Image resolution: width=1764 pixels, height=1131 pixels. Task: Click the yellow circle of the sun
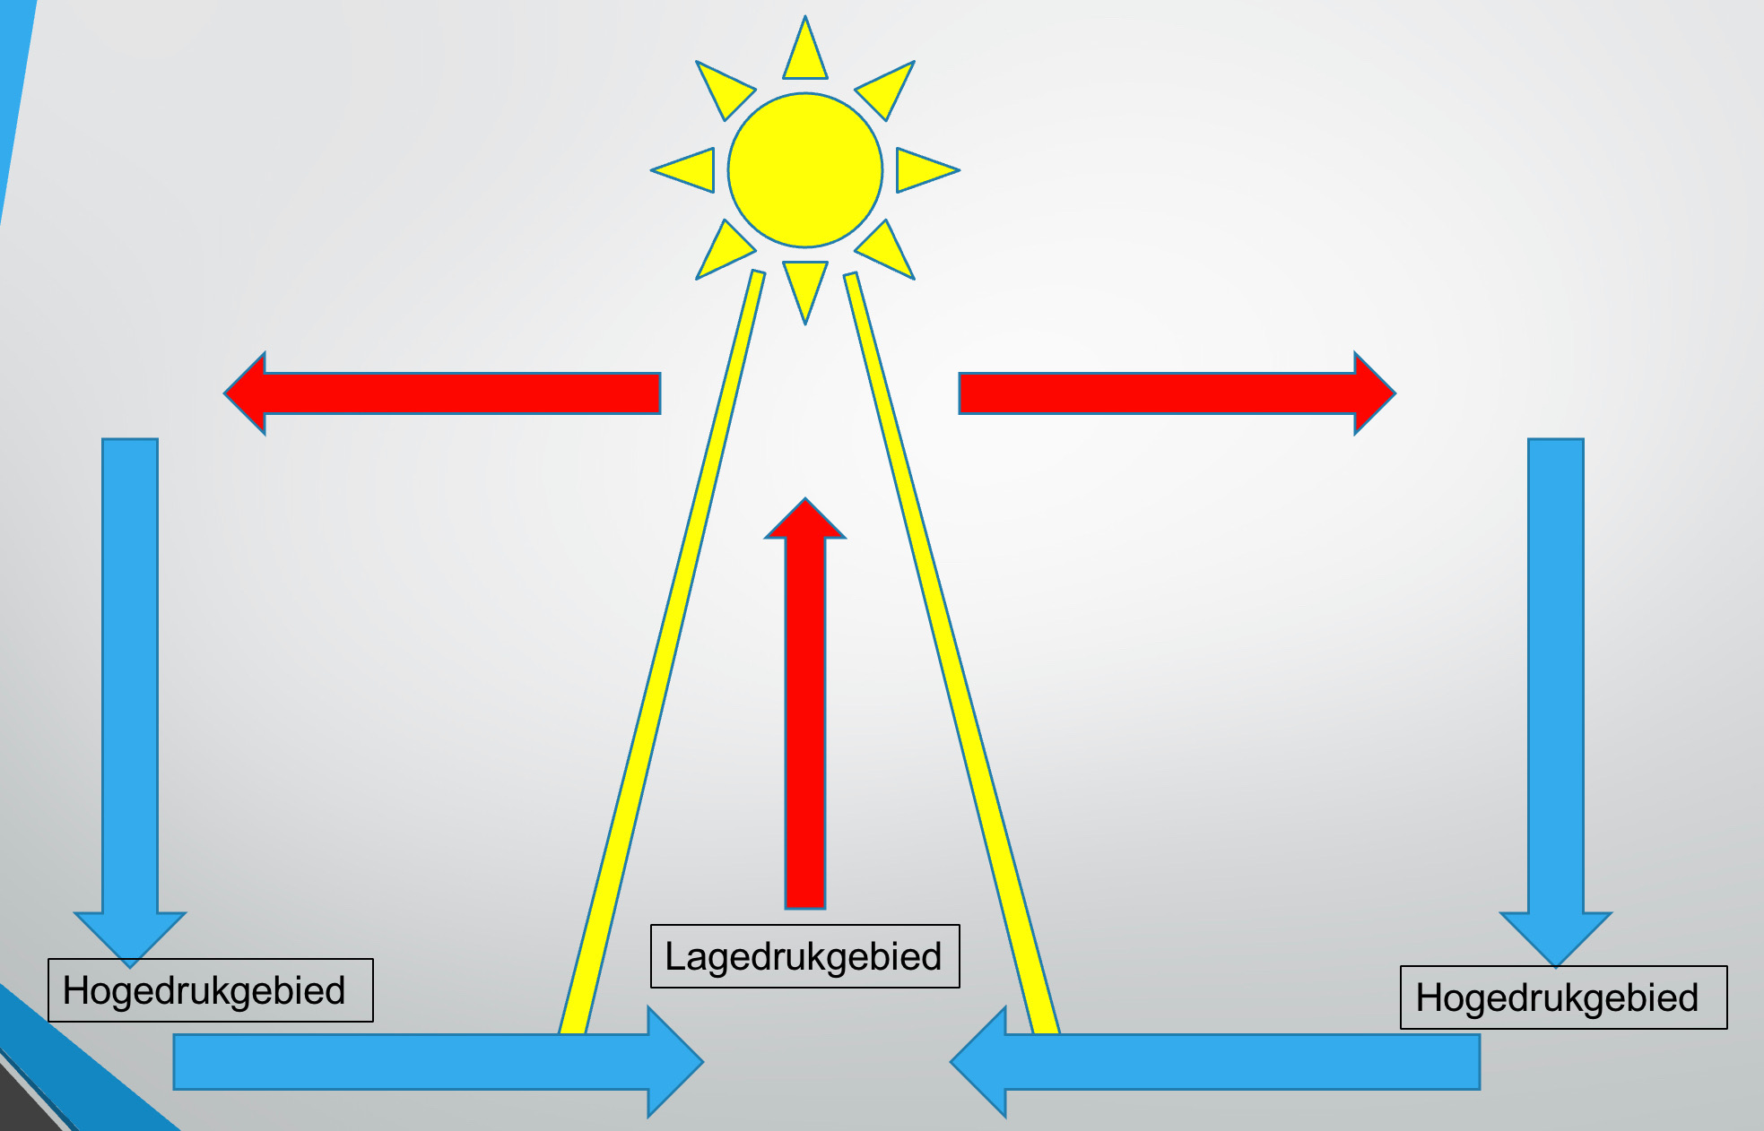(804, 169)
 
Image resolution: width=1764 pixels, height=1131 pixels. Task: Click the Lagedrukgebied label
(804, 956)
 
